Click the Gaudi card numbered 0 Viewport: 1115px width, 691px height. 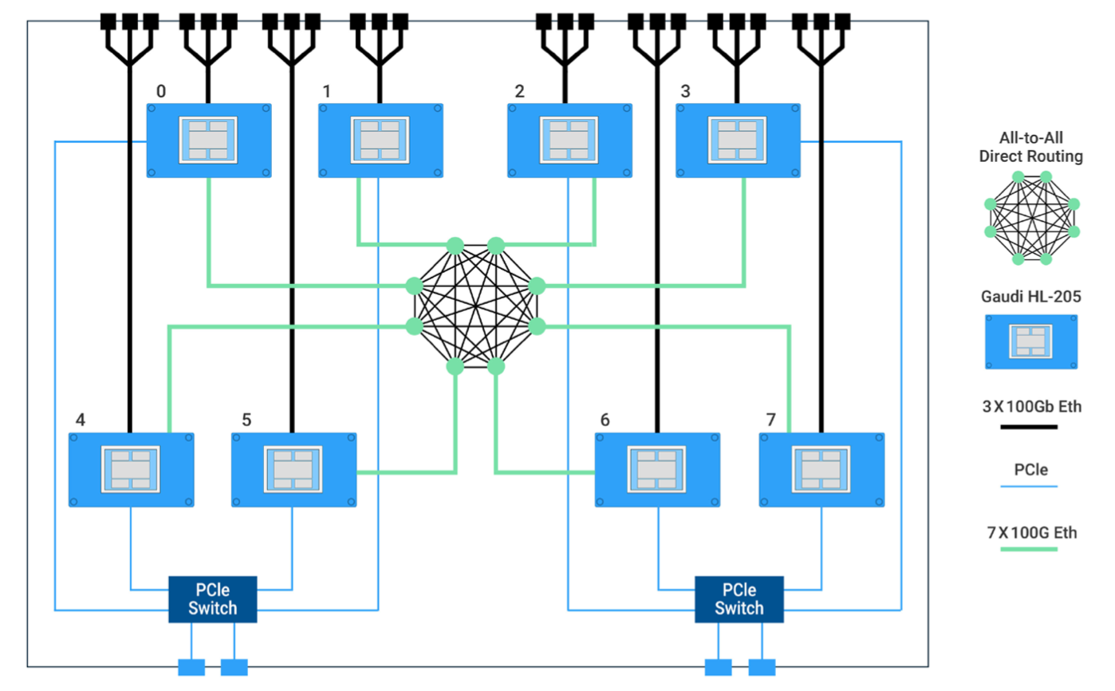point(209,140)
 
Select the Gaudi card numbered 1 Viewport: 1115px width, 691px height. point(380,140)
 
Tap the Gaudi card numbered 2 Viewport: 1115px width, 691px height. point(569,140)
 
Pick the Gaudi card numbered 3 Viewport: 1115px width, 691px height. point(738,140)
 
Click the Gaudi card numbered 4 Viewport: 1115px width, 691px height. point(131,470)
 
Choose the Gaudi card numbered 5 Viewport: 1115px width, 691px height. point(294,470)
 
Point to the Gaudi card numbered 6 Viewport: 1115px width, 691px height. point(657,470)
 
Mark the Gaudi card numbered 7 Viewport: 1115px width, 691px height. point(821,470)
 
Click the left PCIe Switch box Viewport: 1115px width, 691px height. point(212,599)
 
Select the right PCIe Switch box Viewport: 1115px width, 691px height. point(739,599)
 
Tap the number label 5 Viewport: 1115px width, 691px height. point(246,420)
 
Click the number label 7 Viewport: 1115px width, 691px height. point(771,420)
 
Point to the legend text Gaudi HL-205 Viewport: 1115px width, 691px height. point(1031,297)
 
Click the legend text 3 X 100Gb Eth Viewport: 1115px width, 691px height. point(1032,407)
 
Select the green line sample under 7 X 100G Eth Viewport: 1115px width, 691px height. point(1029,549)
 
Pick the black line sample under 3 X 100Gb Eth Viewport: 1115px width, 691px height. point(1029,427)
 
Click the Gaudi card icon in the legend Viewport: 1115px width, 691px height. point(1031,342)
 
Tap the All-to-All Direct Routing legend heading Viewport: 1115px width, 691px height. point(1031,147)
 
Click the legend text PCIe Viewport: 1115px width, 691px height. point(1031,469)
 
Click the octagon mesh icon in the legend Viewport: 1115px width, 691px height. point(1032,218)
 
